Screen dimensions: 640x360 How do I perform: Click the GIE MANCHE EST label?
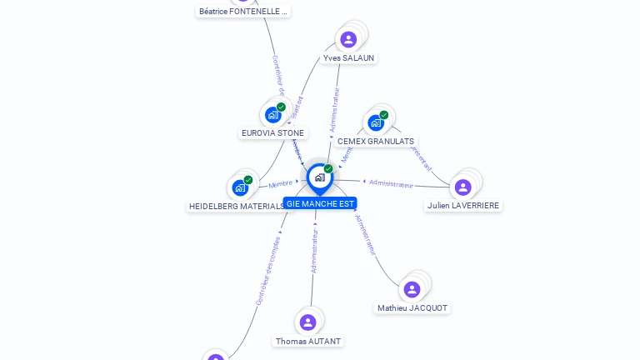(320, 203)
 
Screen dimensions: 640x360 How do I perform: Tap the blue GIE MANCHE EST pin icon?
(319, 177)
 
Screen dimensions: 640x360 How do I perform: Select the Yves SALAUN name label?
(348, 58)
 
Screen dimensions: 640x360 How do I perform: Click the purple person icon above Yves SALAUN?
(348, 39)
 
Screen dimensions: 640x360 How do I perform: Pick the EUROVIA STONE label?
(272, 132)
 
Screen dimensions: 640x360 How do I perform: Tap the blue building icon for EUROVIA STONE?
(272, 115)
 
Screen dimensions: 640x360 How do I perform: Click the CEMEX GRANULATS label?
(376, 142)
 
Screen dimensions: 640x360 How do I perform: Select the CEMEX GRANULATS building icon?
(376, 123)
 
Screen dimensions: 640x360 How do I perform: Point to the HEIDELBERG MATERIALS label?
(237, 206)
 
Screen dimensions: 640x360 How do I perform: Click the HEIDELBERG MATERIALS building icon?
(240, 187)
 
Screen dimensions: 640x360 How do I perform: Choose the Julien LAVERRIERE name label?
(463, 205)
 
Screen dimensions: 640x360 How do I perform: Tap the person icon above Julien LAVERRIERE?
(463, 187)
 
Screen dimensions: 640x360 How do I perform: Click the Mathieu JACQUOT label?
(412, 308)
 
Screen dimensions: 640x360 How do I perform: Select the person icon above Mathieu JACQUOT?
(412, 289)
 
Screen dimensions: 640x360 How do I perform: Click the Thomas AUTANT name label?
(308, 342)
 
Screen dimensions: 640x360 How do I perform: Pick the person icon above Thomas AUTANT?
(308, 322)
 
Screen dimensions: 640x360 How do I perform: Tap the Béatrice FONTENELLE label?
(243, 12)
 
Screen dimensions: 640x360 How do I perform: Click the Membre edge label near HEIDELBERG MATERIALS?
(281, 183)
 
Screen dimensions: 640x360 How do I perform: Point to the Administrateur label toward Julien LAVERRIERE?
(391, 183)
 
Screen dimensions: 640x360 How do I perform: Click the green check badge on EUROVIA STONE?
(282, 107)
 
